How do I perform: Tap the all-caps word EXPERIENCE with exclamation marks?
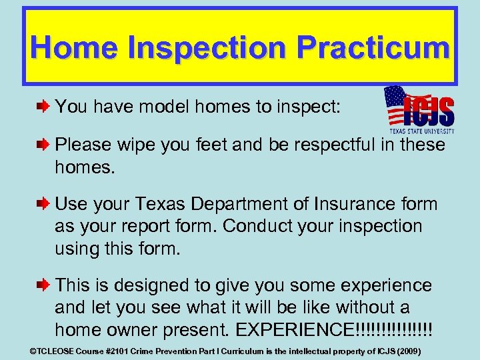click(319, 329)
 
